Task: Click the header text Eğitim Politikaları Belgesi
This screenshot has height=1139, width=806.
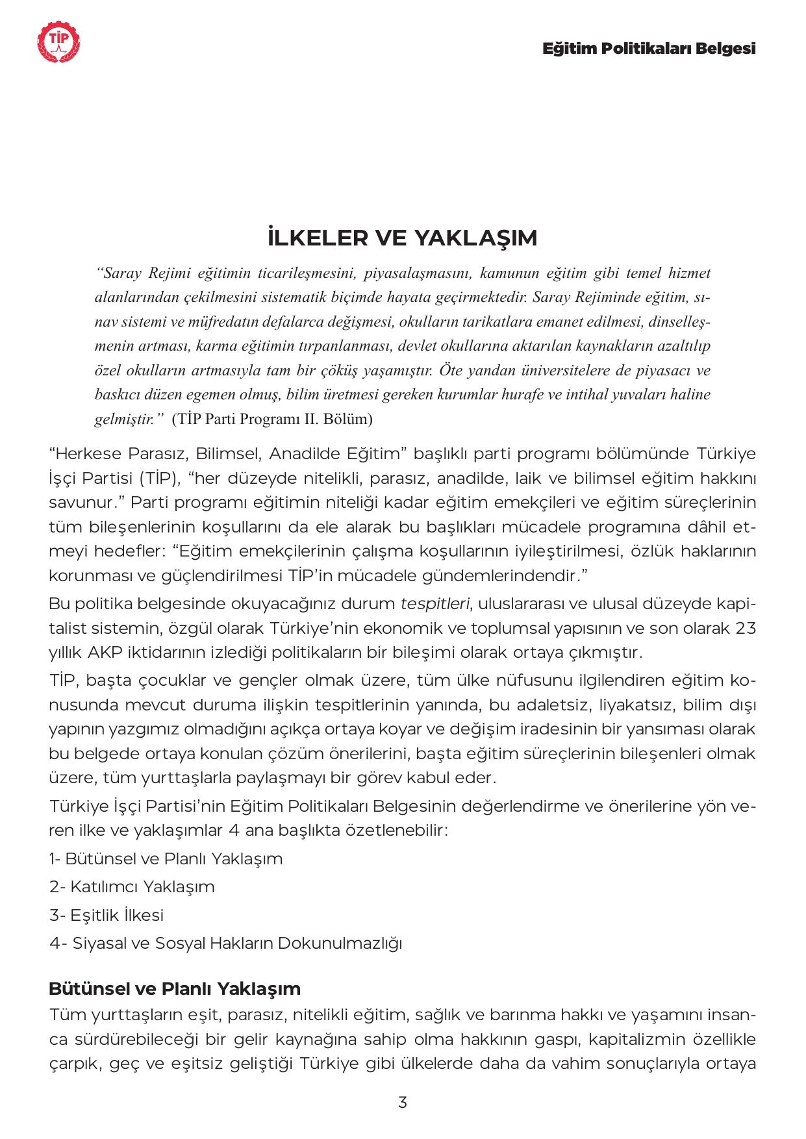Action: pyautogui.click(x=649, y=49)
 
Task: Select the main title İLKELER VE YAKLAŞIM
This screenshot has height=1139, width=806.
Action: pyautogui.click(x=402, y=238)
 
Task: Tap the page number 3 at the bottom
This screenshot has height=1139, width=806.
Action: pyautogui.click(x=403, y=1102)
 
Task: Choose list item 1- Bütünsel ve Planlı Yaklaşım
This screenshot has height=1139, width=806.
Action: pyautogui.click(x=166, y=858)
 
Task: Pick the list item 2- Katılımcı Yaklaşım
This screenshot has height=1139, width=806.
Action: pyautogui.click(x=132, y=886)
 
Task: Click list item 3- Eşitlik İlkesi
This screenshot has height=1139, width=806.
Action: pyautogui.click(x=107, y=915)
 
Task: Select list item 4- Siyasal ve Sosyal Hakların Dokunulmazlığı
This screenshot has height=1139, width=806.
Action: pyautogui.click(x=225, y=943)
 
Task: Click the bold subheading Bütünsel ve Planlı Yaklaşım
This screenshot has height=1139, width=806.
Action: pyautogui.click(x=175, y=989)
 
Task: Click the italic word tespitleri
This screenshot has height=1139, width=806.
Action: pyautogui.click(x=434, y=604)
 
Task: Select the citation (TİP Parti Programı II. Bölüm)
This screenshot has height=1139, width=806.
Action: pyautogui.click(x=272, y=419)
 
